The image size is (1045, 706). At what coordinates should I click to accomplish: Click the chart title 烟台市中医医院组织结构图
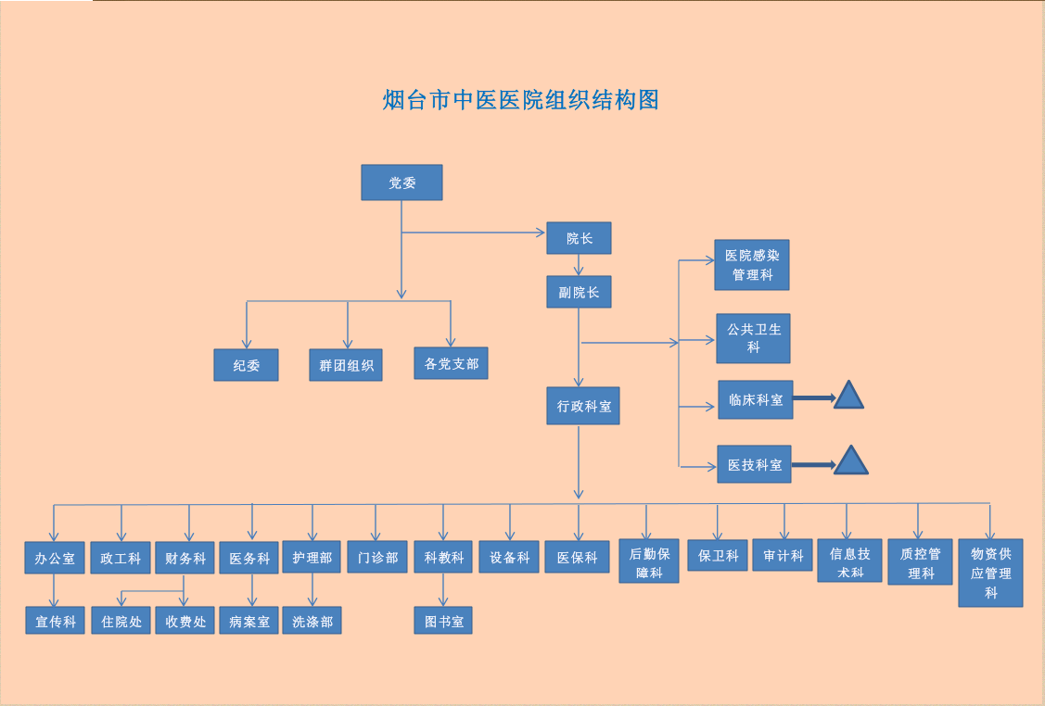coord(521,100)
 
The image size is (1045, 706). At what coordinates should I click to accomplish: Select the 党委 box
coord(401,183)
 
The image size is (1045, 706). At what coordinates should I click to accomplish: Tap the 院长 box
coord(579,238)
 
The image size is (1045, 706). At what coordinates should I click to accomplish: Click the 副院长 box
coord(579,293)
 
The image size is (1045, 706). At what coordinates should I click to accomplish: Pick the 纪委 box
coord(246,365)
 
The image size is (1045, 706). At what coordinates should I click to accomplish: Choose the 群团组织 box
coord(346,365)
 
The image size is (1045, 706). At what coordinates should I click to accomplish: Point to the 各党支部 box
coord(451,363)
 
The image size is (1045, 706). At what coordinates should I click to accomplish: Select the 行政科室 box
coord(582,406)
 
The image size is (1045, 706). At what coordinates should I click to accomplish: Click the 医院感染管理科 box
coord(751,265)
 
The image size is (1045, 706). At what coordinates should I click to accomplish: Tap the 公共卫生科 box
coord(753,338)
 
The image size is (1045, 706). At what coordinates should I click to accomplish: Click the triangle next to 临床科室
coord(848,397)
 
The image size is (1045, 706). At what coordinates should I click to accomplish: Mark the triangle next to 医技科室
coord(850,461)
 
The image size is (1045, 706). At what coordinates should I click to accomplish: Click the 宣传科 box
coord(55,622)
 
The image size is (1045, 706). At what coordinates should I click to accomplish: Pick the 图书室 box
coord(443,622)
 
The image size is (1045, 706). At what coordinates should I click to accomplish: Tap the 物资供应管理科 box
coord(990,573)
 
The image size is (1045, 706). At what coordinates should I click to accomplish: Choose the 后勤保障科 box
coord(649,562)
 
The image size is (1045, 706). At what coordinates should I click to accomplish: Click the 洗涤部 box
coord(312,622)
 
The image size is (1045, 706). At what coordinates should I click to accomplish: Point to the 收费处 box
coord(185,622)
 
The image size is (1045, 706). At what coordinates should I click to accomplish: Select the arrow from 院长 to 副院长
coord(579,265)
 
